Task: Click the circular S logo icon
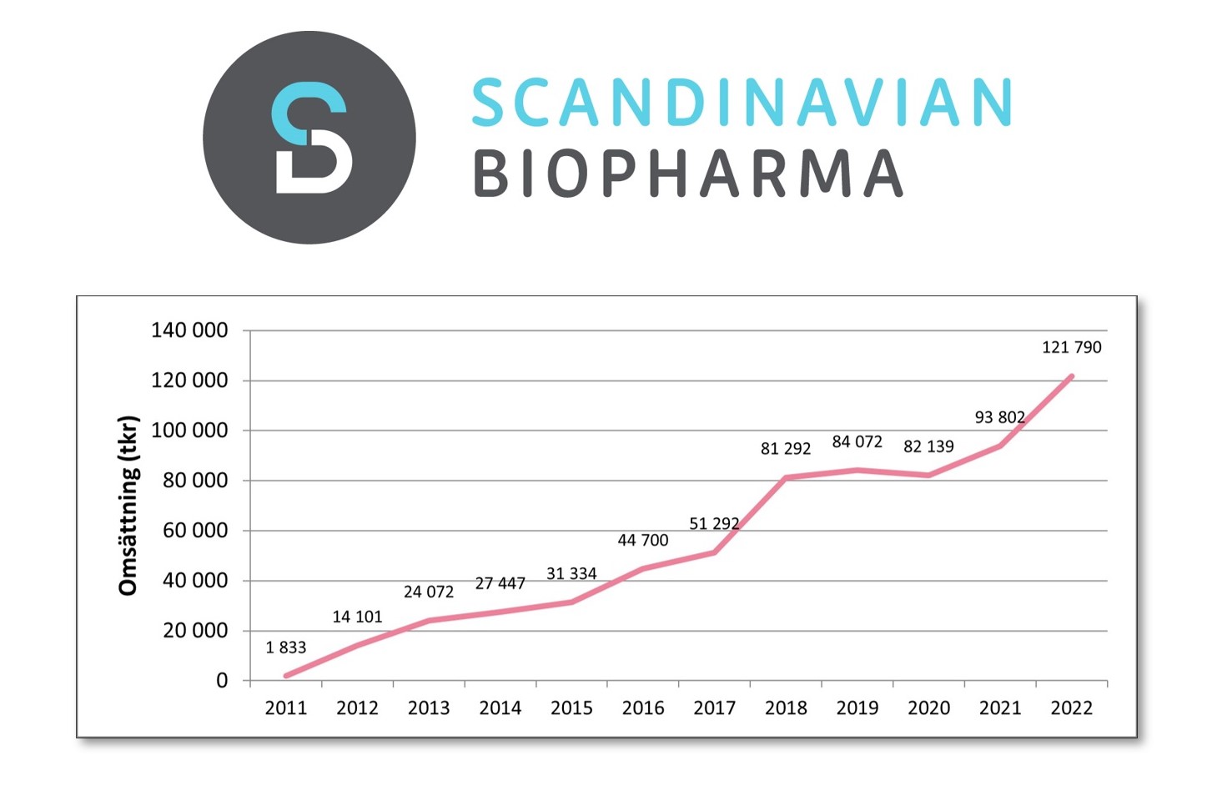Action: pos(309,138)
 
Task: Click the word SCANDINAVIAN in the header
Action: pos(742,103)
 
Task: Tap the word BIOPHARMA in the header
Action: pos(688,174)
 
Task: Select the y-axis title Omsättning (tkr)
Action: pos(128,506)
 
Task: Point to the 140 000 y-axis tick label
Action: pos(189,330)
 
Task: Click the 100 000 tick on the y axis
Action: pos(189,431)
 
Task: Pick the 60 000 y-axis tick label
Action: pos(195,531)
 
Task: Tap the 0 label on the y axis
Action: pos(222,681)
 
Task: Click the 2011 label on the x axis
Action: pos(286,708)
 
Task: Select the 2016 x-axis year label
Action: pos(643,708)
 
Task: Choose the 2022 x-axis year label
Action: pos(1071,708)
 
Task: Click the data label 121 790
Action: pos(1071,347)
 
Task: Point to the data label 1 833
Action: pos(286,647)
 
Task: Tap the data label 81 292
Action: pos(785,449)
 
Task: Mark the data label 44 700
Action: pos(643,541)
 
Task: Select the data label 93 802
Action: pos(999,417)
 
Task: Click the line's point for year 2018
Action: pos(786,478)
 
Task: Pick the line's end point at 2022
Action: pos(1071,376)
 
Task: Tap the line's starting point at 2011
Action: pos(286,676)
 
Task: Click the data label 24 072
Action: pos(429,592)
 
